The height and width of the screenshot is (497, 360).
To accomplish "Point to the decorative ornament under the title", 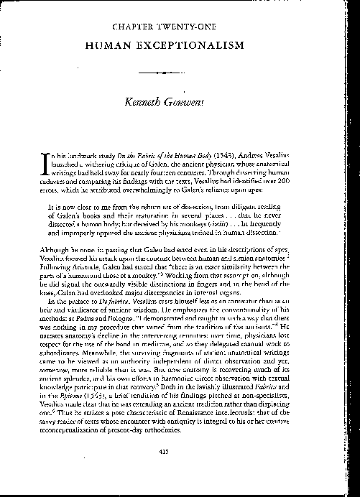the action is tap(180, 73).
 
